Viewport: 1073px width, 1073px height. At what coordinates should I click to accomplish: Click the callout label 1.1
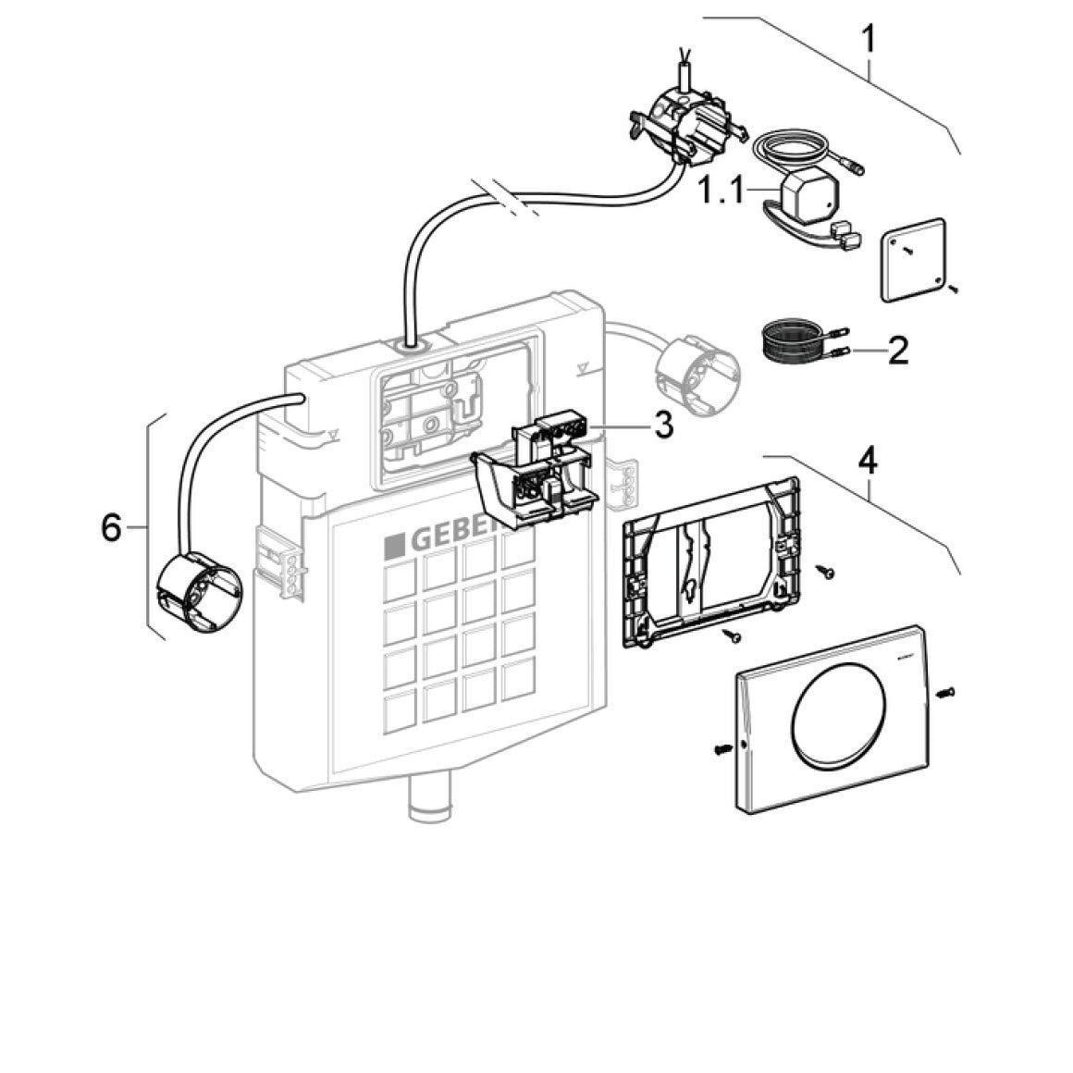[721, 191]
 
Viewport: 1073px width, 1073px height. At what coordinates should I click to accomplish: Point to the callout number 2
[897, 351]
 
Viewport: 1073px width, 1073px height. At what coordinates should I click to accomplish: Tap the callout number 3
[662, 425]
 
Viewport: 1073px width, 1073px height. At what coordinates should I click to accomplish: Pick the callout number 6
[111, 528]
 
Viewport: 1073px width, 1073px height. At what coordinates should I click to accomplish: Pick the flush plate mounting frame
[708, 563]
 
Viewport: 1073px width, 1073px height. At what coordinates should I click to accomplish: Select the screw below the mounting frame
[732, 635]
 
